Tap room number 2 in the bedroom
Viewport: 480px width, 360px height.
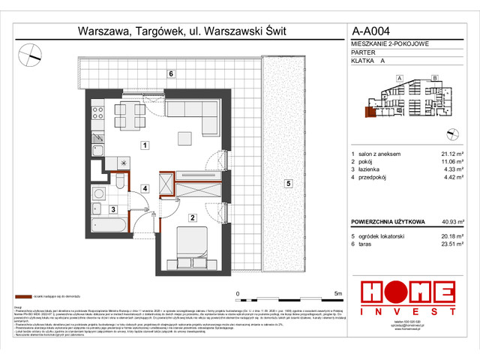193,218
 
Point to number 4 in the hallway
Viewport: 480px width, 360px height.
147,189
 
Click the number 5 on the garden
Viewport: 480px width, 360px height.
286,183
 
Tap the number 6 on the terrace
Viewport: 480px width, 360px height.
171,73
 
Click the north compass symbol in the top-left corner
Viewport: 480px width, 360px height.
31,53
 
